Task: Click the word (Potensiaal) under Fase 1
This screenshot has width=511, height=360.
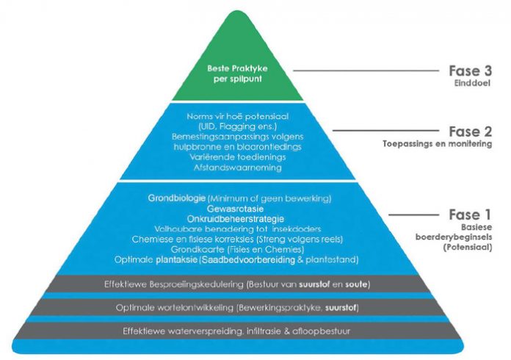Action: coord(462,250)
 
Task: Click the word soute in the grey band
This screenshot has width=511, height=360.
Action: coord(356,283)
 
